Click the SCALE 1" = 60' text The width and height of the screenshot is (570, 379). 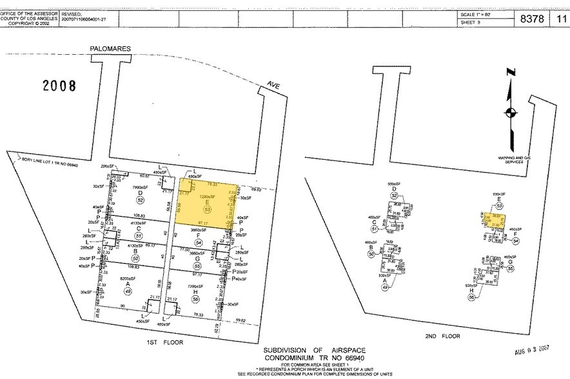(x=482, y=14)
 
